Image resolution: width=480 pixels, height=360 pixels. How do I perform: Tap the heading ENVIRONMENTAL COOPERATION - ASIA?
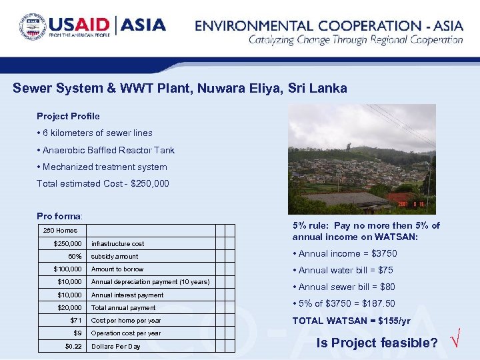click(329, 26)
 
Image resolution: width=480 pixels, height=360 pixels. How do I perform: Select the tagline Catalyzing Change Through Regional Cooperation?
click(355, 40)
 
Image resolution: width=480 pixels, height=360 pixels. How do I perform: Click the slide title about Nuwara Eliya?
click(180, 89)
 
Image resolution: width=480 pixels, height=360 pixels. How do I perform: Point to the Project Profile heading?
click(68, 116)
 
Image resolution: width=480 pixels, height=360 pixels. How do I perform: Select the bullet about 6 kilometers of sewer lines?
click(95, 133)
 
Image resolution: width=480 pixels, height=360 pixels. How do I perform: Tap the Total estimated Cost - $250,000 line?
click(103, 183)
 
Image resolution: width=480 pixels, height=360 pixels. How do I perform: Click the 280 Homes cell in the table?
click(60, 231)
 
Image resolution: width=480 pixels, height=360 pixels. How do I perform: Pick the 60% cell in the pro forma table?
click(75, 257)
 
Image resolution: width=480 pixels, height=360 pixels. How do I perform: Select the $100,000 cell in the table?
click(69, 269)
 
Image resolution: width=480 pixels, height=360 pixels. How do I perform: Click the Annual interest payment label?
click(127, 295)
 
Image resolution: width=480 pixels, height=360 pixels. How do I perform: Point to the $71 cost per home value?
click(75, 321)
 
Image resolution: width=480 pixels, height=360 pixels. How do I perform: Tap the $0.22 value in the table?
click(73, 346)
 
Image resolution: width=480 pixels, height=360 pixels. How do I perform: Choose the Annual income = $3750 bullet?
click(344, 254)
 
